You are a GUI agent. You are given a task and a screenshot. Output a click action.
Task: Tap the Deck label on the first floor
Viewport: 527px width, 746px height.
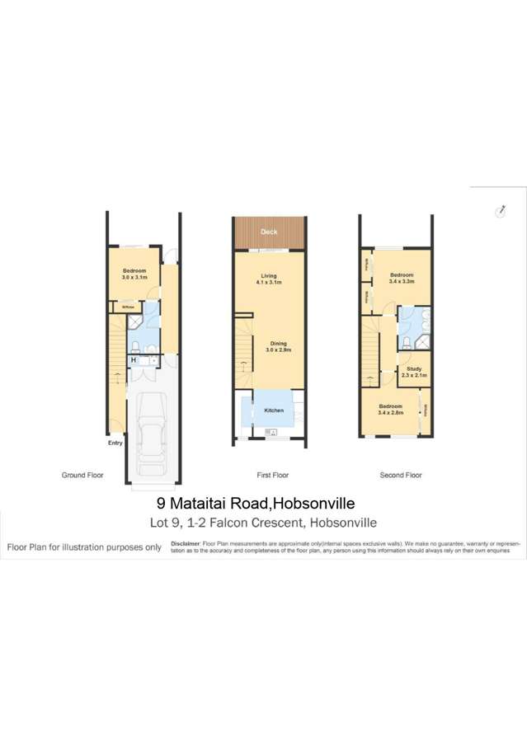click(x=269, y=232)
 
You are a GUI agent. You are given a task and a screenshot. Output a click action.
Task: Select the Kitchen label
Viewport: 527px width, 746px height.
click(x=274, y=411)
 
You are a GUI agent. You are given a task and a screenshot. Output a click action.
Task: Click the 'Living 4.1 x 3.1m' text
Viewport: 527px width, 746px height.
click(x=269, y=279)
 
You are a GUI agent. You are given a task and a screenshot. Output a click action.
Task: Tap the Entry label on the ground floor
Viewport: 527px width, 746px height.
click(x=115, y=443)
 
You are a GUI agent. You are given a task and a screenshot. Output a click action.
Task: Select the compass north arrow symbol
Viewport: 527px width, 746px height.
click(x=500, y=210)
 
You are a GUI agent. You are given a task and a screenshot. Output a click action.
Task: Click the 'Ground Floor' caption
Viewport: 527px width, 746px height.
click(x=82, y=476)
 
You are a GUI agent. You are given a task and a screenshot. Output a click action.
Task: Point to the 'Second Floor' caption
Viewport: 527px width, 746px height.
click(x=401, y=476)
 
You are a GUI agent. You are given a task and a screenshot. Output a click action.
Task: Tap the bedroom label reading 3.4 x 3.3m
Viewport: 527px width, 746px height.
click(x=402, y=278)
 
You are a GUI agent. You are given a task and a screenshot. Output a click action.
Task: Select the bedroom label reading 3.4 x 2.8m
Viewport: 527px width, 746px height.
click(x=390, y=409)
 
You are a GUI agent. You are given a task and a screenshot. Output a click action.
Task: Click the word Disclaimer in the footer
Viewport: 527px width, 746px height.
click(x=186, y=544)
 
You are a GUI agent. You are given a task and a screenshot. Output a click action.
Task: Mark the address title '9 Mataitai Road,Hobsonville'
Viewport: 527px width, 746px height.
click(x=256, y=503)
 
